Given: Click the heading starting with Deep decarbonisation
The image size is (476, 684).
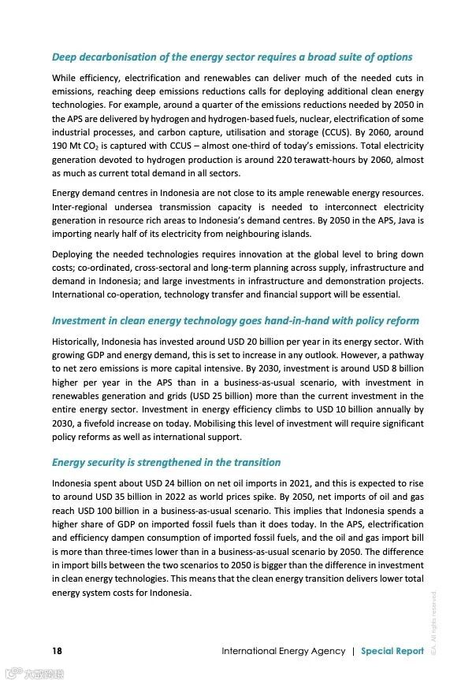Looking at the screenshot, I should (232, 57).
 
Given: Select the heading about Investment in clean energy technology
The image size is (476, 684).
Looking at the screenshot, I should (235, 321).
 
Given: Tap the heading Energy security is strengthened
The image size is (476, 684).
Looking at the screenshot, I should (165, 462).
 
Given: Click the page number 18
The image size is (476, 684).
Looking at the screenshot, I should (58, 651).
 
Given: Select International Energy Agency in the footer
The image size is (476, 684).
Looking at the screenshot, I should (283, 651).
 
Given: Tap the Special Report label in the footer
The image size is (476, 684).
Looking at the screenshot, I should (392, 651).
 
